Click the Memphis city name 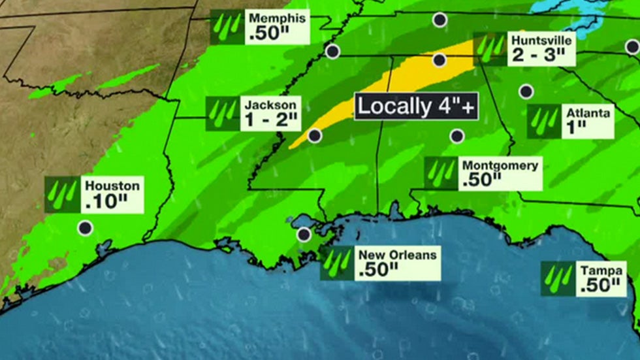pyautogui.click(x=277, y=19)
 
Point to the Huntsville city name pyautogui.click(x=541, y=41)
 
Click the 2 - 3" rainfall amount pyautogui.click(x=537, y=55)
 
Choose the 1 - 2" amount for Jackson pyautogui.click(x=271, y=120)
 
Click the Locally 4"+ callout pyautogui.click(x=417, y=106)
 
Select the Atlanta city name pyautogui.click(x=588, y=113)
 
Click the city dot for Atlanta pyautogui.click(x=526, y=91)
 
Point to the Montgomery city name pyautogui.click(x=500, y=165)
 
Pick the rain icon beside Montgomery pyautogui.click(x=441, y=173)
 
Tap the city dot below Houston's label pyautogui.click(x=85, y=228)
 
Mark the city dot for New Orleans pyautogui.click(x=304, y=234)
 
